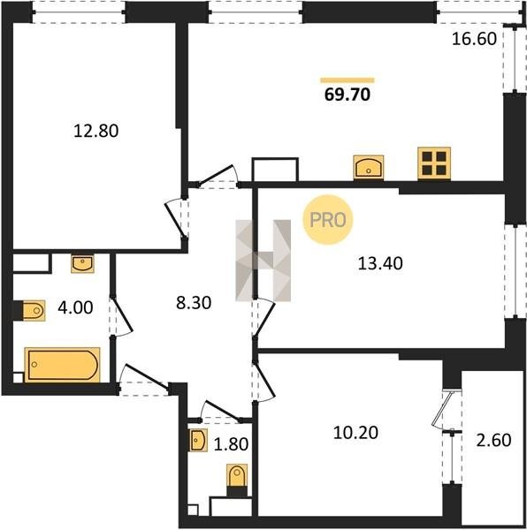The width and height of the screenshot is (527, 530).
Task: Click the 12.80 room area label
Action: tap(96, 131)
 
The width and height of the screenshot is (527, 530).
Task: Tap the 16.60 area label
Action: tap(474, 39)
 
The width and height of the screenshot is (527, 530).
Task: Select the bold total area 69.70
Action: tap(348, 95)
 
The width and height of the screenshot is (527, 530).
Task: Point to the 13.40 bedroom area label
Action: tap(380, 263)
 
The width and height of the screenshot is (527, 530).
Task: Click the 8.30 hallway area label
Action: tap(194, 302)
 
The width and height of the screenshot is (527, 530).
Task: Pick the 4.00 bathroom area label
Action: tap(75, 308)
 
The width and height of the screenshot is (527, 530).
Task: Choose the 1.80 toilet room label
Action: tap(232, 444)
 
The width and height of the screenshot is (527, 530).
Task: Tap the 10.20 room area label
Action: tap(355, 433)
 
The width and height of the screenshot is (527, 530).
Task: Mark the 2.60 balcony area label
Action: tap(494, 441)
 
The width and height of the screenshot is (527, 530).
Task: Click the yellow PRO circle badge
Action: tap(328, 220)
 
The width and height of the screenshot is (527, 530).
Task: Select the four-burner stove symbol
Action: tap(434, 163)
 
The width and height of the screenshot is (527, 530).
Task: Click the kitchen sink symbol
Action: tap(369, 167)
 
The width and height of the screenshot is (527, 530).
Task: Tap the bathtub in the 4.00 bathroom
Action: tap(63, 365)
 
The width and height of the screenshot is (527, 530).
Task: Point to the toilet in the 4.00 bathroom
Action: tap(34, 310)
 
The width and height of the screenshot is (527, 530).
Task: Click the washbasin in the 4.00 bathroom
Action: tap(82, 263)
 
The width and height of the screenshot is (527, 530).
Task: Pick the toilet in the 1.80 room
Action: tap(237, 476)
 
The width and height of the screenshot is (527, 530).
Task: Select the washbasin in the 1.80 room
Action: tap(198, 440)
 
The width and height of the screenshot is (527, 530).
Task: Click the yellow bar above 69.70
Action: tap(348, 80)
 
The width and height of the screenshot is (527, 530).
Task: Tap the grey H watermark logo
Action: tap(263, 261)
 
